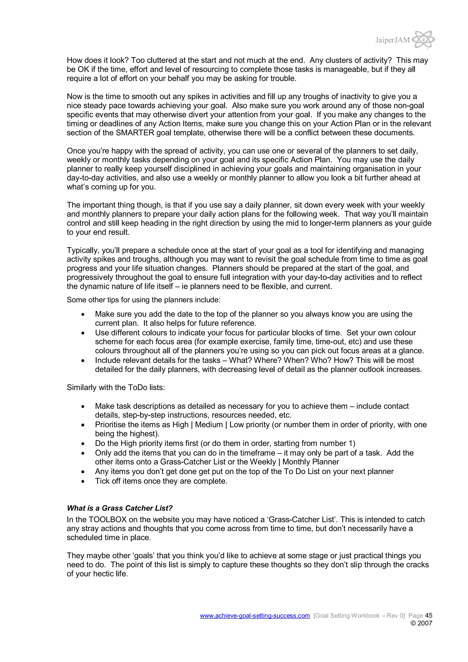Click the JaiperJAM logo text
point(392,40)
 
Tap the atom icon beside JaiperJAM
point(423,40)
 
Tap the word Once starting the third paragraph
point(76,151)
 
